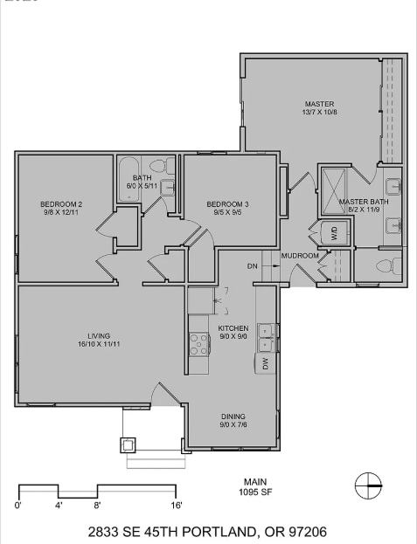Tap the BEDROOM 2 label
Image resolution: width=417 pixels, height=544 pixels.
(x=60, y=204)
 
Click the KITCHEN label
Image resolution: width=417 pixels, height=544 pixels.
(x=233, y=327)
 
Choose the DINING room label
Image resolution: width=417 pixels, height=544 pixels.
(x=233, y=417)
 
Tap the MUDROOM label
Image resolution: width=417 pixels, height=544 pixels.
(x=299, y=256)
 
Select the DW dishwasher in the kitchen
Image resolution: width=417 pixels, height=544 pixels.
(x=265, y=364)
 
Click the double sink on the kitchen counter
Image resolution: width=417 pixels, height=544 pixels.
(x=266, y=332)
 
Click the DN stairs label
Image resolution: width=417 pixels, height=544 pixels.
(x=253, y=266)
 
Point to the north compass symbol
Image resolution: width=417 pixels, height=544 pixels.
(x=369, y=485)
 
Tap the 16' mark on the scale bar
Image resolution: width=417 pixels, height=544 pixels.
(x=177, y=505)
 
